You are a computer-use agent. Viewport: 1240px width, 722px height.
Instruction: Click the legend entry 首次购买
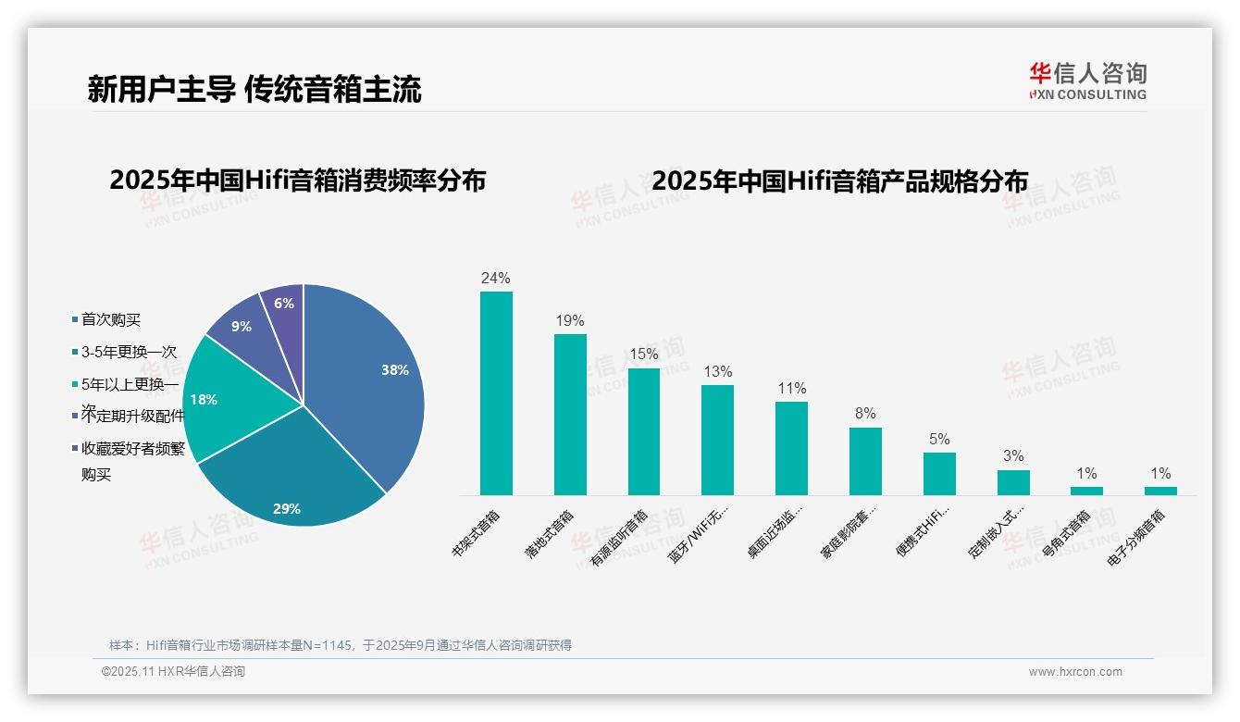[110, 319]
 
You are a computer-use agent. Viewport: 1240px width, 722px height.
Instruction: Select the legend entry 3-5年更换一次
[128, 352]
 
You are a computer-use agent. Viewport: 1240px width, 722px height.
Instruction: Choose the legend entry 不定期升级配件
[132, 417]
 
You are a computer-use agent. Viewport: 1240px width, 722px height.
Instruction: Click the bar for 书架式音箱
[496, 393]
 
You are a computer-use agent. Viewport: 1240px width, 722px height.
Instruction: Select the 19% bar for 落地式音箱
[570, 414]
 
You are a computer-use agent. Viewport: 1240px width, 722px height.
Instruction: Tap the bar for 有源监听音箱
[644, 431]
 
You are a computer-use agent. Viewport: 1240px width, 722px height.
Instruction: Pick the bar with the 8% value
[865, 461]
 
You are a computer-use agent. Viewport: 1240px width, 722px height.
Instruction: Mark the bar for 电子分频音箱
[1160, 491]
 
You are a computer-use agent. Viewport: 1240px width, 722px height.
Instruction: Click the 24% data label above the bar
[496, 278]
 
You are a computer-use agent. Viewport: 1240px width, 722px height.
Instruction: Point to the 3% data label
[1013, 455]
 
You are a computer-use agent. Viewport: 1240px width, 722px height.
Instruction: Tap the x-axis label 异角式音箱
[1066, 533]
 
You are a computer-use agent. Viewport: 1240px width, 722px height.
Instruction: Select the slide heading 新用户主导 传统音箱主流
[254, 89]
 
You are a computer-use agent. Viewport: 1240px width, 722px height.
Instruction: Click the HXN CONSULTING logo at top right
[1087, 81]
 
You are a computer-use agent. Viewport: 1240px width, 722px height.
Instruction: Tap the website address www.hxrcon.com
[1075, 672]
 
